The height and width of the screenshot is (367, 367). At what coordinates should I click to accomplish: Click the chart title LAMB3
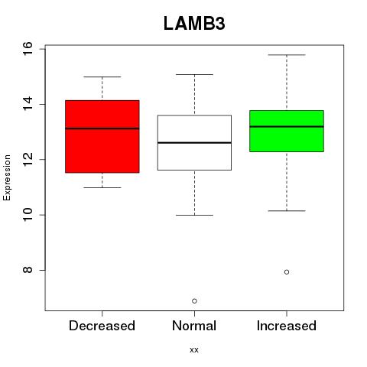tap(194, 24)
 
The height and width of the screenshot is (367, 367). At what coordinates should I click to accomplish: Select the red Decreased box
tap(102, 137)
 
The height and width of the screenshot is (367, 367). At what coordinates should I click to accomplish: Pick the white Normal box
tap(194, 143)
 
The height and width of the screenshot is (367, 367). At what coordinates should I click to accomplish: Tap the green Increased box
tap(287, 131)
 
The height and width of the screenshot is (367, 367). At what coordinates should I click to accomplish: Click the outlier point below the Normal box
tap(194, 301)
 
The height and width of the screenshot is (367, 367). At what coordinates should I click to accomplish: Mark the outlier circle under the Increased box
tap(287, 272)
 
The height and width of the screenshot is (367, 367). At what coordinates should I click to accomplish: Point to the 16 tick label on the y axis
tap(28, 49)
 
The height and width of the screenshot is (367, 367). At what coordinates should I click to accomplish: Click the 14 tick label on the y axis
tap(28, 104)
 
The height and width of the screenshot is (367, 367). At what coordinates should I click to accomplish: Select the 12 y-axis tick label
tap(28, 159)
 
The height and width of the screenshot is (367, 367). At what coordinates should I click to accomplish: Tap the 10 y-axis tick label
tap(28, 215)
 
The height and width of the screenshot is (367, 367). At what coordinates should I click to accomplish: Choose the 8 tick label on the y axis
tap(28, 270)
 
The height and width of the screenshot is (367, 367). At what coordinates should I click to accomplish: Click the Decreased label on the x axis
tap(102, 326)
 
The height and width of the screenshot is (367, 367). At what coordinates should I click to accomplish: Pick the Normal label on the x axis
tap(194, 326)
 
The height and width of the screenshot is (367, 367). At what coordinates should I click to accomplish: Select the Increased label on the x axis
tap(287, 326)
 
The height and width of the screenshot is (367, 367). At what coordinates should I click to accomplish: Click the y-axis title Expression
tap(7, 177)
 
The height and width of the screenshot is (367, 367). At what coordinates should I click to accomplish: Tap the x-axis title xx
tap(194, 350)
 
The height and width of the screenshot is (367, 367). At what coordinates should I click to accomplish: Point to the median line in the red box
tap(102, 128)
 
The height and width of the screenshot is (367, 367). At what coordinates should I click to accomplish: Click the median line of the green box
tap(287, 126)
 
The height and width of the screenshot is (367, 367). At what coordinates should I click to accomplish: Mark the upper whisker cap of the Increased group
tap(287, 55)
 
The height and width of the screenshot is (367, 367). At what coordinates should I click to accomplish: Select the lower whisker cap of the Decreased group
tap(102, 187)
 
